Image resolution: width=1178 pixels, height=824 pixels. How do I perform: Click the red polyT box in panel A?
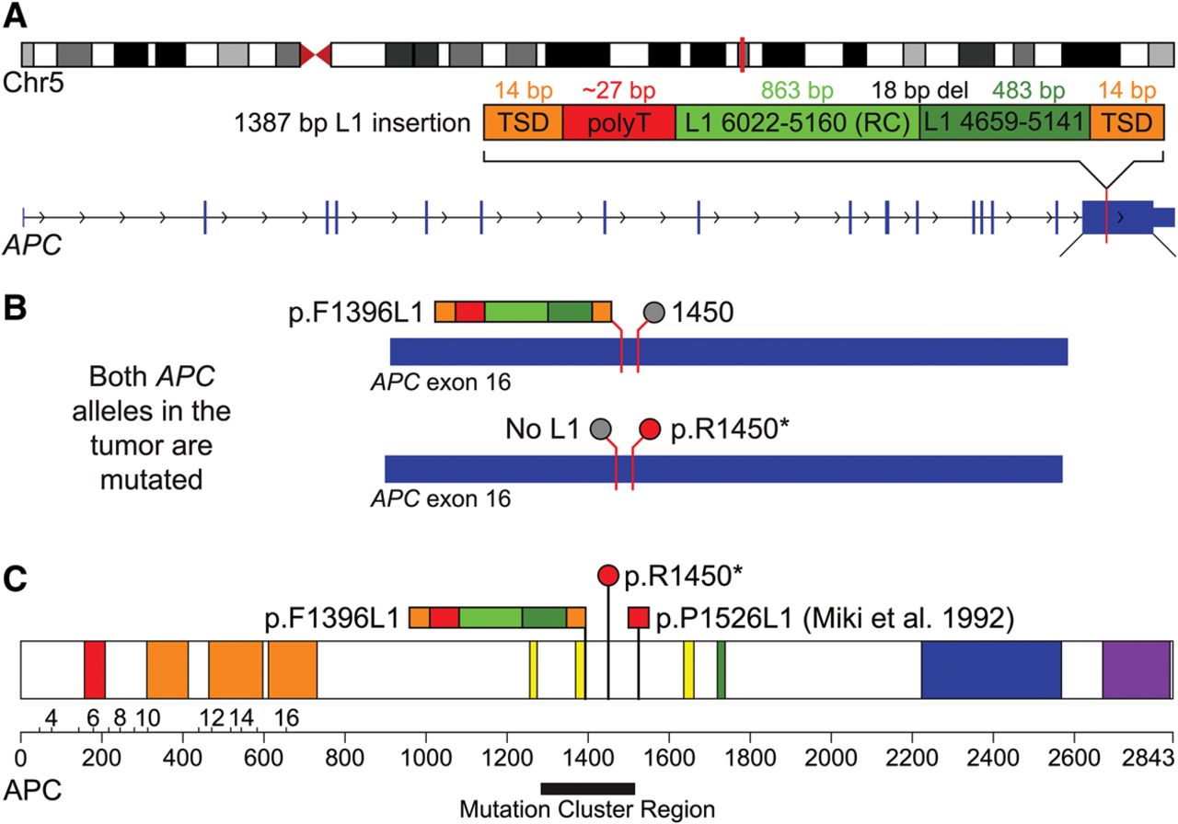[x=618, y=122]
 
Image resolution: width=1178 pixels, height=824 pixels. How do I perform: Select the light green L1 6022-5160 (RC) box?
[x=797, y=122]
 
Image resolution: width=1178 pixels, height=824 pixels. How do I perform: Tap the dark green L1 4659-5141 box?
[x=1004, y=122]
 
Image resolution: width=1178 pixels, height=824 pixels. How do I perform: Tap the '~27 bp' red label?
[x=618, y=91]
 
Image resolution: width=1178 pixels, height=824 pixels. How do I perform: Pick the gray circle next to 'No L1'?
[x=601, y=429]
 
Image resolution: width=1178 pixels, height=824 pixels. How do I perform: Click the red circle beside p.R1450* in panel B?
[x=651, y=429]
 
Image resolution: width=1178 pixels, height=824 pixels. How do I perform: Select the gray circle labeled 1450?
[x=653, y=312]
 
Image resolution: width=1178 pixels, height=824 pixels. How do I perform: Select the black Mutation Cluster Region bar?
[x=588, y=788]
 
